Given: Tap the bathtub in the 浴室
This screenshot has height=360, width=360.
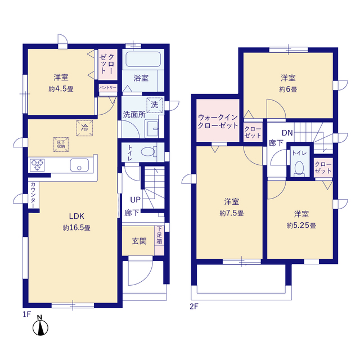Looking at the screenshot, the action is pyautogui.click(x=143, y=59).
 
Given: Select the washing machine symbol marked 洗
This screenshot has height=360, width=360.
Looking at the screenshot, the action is pyautogui.click(x=155, y=105).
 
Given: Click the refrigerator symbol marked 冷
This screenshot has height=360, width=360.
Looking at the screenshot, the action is pyautogui.click(x=84, y=128).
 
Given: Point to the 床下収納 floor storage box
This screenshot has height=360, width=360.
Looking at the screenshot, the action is pyautogui.click(x=61, y=145).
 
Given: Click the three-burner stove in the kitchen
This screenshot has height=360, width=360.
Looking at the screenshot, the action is pyautogui.click(x=37, y=165).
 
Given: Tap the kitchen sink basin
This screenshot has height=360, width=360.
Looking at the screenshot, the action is pyautogui.click(x=79, y=165).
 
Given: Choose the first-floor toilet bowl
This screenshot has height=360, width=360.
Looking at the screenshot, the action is pyautogui.click(x=148, y=152).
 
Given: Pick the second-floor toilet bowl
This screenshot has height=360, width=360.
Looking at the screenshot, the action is pyautogui.click(x=299, y=168).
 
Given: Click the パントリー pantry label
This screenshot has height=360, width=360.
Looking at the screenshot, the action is pyautogui.click(x=107, y=88).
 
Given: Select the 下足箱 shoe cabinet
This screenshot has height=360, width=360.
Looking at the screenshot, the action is pyautogui.click(x=159, y=240).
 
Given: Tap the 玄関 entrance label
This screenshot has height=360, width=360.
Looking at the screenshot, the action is pyautogui.click(x=139, y=241).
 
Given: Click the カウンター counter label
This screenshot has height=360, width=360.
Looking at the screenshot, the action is pyautogui.click(x=33, y=195).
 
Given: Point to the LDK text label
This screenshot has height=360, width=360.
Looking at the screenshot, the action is pyautogui.click(x=76, y=216).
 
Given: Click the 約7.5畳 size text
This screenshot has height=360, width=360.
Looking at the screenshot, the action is pyautogui.click(x=231, y=213).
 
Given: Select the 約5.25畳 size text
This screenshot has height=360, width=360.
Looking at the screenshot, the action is pyautogui.click(x=301, y=226).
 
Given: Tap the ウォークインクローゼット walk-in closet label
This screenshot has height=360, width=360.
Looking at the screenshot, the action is pyautogui.click(x=218, y=121).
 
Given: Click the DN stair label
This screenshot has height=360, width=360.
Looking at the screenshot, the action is pyautogui.click(x=287, y=133).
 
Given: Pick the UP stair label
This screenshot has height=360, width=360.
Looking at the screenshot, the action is pyautogui.click(x=135, y=200).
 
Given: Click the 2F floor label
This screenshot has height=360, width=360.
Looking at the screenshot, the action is pyautogui.click(x=194, y=307).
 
